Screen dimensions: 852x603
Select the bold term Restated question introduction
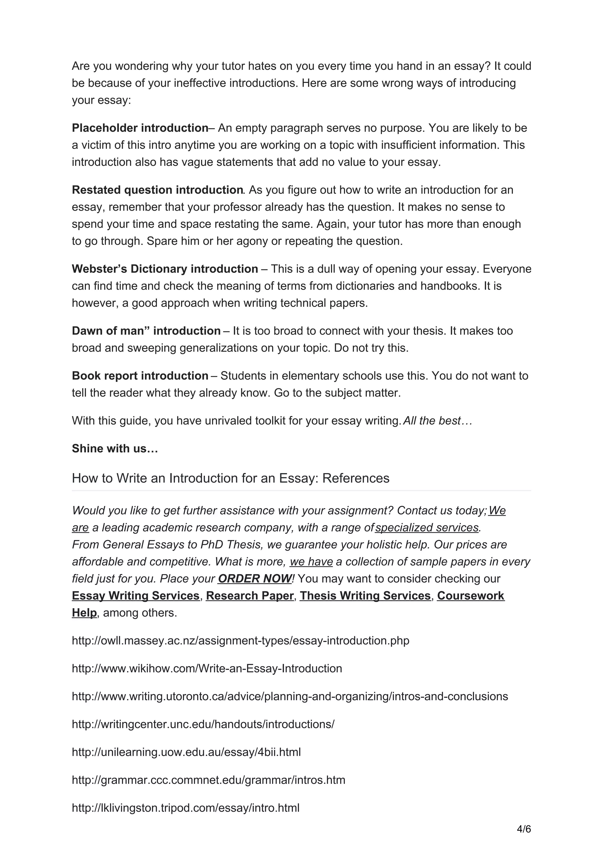(157, 190)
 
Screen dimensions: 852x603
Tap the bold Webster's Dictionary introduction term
(165, 269)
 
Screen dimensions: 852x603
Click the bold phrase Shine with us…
(115, 449)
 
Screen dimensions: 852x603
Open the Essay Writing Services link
(136, 596)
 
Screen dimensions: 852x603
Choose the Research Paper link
(250, 596)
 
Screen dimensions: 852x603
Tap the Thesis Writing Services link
(365, 596)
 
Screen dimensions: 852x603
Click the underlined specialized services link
(427, 528)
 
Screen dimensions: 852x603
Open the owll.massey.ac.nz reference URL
(240, 641)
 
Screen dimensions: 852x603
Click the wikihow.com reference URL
(207, 668)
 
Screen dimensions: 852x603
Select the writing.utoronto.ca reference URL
(290, 696)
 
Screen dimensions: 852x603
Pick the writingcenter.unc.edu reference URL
(203, 724)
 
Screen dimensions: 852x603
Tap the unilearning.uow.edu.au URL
(186, 752)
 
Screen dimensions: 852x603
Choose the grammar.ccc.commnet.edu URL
(208, 780)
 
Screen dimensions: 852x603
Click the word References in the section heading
(356, 478)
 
